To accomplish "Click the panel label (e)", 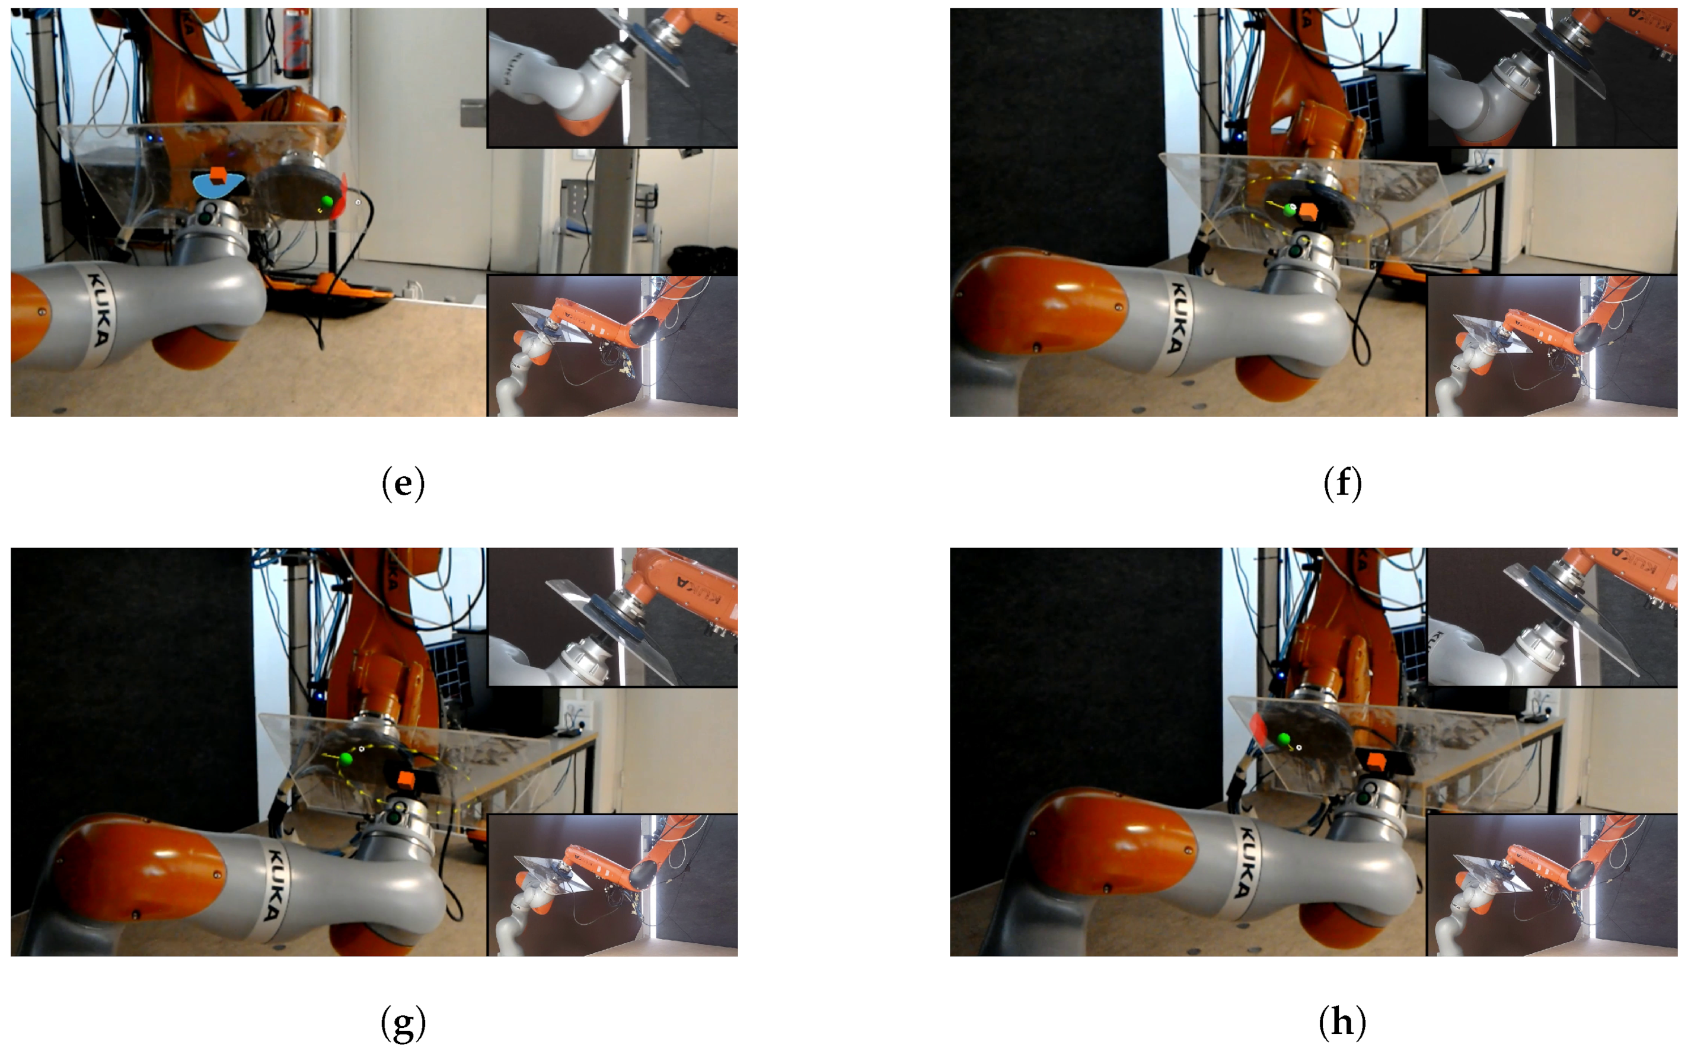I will pyautogui.click(x=403, y=485).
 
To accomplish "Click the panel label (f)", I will pyautogui.click(x=1342, y=485).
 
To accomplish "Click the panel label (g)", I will pyautogui.click(x=403, y=1023).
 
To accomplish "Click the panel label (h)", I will pyautogui.click(x=1342, y=1023).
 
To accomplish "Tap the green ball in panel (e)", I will pyautogui.click(x=327, y=201).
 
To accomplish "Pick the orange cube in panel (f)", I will pyautogui.click(x=1309, y=212).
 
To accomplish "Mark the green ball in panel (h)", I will pyautogui.click(x=1284, y=738).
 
